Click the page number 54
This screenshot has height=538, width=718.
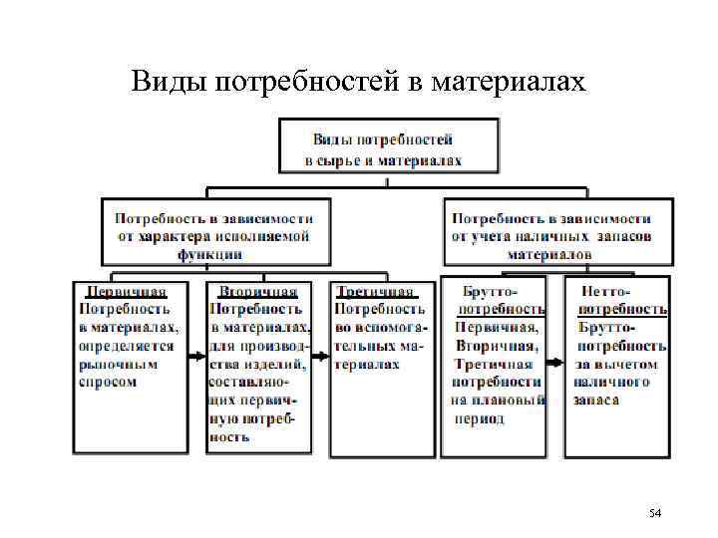tap(654, 513)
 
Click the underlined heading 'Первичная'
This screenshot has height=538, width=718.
tap(126, 292)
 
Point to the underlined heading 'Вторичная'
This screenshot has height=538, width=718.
tap(258, 292)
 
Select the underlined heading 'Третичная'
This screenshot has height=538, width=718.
tap(374, 292)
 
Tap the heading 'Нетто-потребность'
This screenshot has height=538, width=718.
tap(618, 300)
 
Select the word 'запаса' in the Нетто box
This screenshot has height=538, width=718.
tap(596, 401)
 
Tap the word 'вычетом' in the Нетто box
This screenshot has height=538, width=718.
tap(624, 364)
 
